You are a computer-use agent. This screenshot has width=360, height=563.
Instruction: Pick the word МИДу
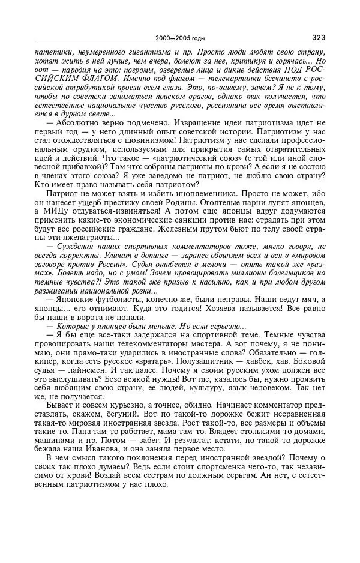click(x=46, y=212)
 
